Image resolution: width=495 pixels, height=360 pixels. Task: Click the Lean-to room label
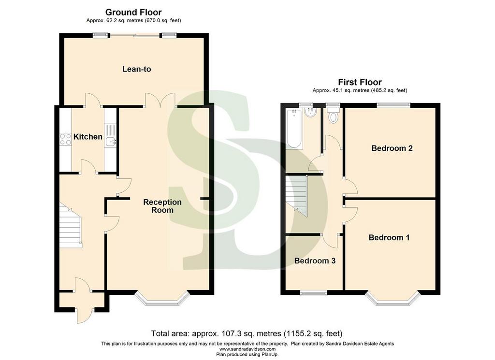[137, 69]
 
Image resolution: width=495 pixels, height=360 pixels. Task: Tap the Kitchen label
[88, 137]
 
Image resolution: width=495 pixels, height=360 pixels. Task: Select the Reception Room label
[162, 206]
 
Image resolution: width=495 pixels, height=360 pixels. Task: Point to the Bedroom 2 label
[392, 148]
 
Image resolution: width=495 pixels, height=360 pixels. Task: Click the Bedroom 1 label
[389, 237]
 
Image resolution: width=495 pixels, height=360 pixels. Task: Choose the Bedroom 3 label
[315, 260]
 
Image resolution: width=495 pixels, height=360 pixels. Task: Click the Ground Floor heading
[133, 12]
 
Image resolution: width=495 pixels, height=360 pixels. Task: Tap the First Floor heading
[360, 82]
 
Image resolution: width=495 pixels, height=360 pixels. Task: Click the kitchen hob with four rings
[65, 139]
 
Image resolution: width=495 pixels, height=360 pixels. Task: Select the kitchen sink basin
[111, 142]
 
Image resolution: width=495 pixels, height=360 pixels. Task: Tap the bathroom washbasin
[311, 112]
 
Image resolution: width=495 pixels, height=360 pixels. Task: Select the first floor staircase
[296, 196]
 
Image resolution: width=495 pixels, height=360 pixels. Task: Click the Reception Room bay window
[162, 299]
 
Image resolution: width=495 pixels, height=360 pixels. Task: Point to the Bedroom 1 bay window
[393, 299]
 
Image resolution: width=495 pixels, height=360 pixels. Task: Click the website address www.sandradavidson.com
[247, 349]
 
